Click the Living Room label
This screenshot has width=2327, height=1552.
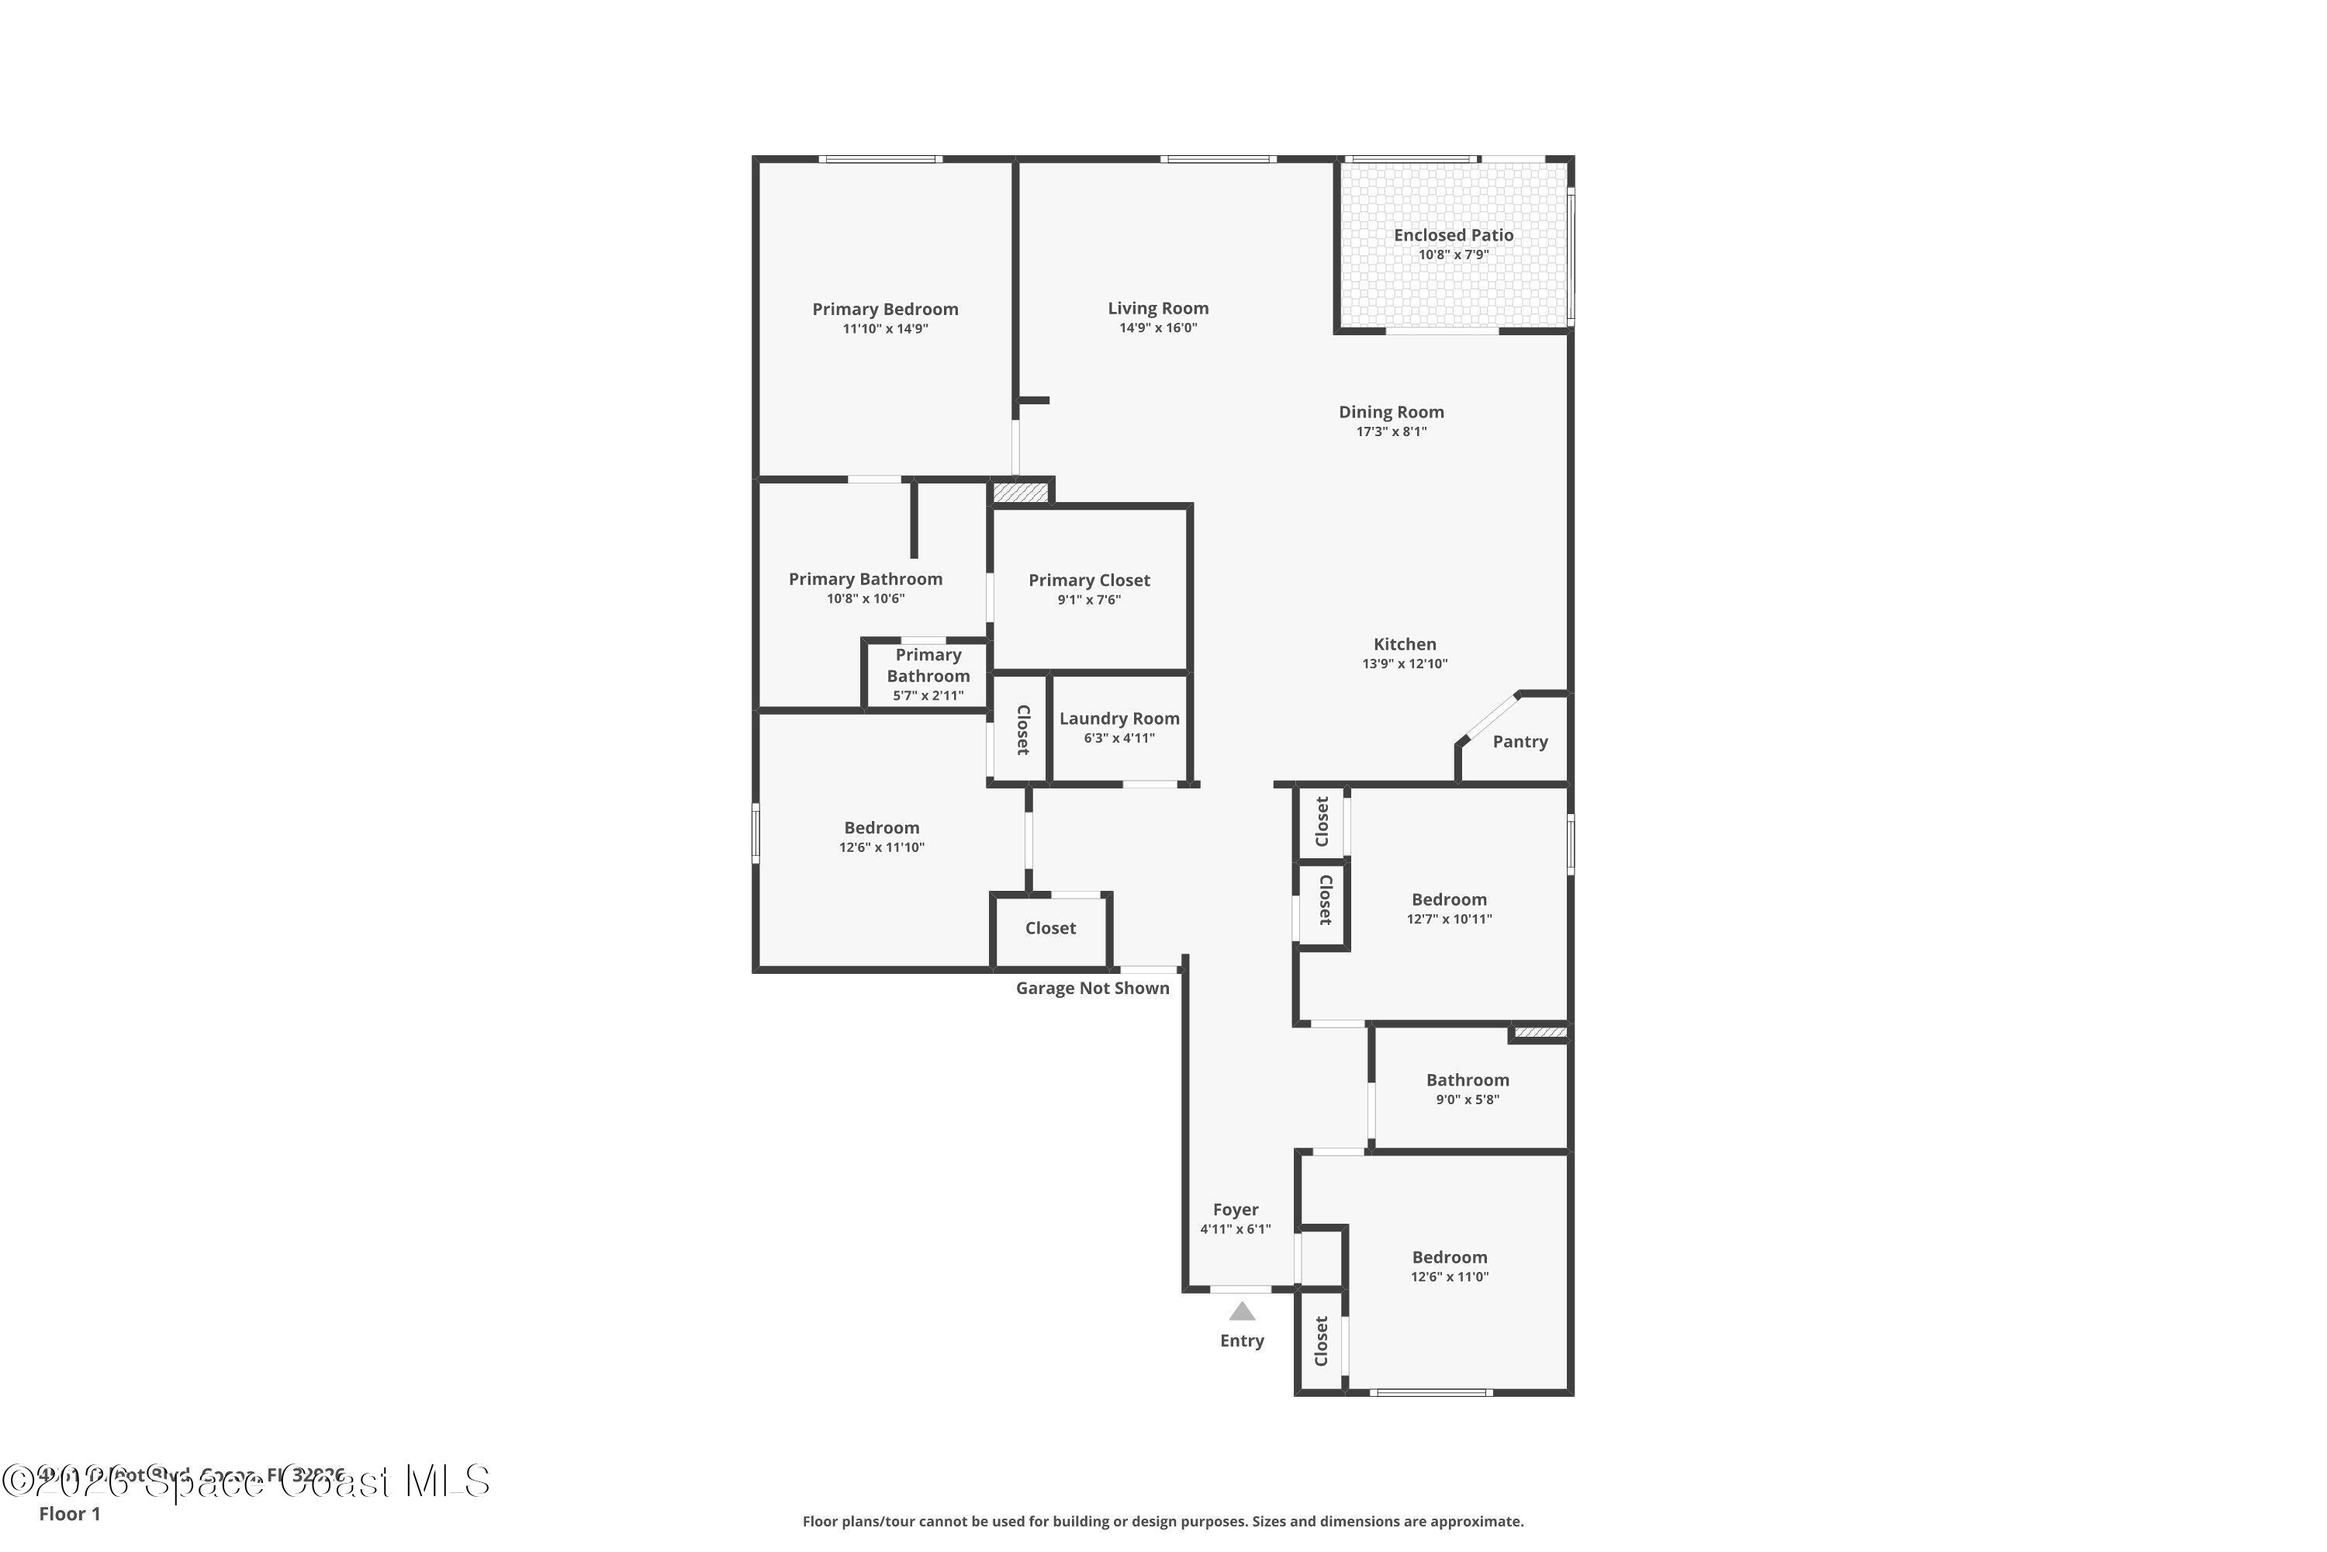[x=1157, y=309]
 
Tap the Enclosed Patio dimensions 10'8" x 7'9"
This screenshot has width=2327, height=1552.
[x=1454, y=255]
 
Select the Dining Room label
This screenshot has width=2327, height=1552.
[x=1391, y=412]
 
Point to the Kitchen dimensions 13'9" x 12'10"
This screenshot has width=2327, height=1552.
[x=1404, y=664]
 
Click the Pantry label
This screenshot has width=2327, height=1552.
[x=1520, y=741]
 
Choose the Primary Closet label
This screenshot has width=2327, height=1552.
[x=1088, y=580]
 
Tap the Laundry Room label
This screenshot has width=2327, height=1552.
[x=1119, y=719]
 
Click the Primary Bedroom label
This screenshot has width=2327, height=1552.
[x=884, y=309]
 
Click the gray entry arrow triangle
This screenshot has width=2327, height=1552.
[x=1242, y=1312]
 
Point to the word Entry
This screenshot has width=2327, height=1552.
[x=1242, y=1340]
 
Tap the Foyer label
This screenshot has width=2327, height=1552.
[x=1235, y=1210]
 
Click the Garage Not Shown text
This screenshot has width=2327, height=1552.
[x=1092, y=988]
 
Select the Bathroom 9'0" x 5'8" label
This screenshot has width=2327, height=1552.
[x=1468, y=1080]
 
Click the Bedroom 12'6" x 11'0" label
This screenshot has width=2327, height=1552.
[x=1450, y=1257]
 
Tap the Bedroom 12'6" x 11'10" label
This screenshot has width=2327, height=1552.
[x=881, y=827]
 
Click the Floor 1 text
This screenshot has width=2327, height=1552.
[x=69, y=1513]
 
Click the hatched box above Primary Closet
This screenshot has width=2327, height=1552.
[x=1019, y=492]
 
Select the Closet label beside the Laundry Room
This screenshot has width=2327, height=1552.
[x=1023, y=729]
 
